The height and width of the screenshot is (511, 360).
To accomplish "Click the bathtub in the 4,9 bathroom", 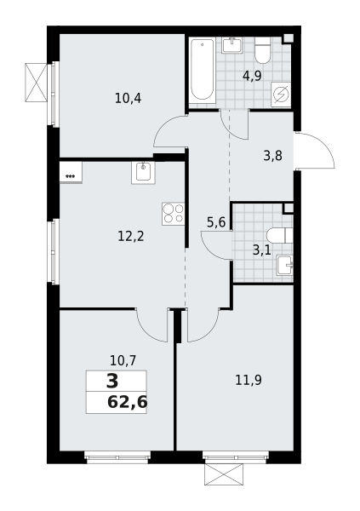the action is pyautogui.click(x=203, y=70).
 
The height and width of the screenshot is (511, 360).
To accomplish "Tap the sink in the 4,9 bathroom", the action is pyautogui.click(x=232, y=45).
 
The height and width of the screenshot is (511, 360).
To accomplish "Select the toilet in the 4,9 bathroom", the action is pyautogui.click(x=263, y=50).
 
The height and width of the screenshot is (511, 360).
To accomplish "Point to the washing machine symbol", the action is pyautogui.click(x=281, y=95).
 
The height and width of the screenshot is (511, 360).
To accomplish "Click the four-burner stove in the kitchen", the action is pyautogui.click(x=174, y=214).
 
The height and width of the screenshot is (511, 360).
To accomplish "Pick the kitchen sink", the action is pyautogui.click(x=143, y=172).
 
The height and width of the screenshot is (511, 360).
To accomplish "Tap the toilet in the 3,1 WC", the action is pyautogui.click(x=279, y=236).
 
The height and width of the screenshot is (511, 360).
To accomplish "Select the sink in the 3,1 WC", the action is pyautogui.click(x=285, y=266).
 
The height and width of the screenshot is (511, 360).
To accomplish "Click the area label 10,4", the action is pyautogui.click(x=128, y=98).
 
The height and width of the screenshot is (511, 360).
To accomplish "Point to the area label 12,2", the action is pyautogui.click(x=131, y=236).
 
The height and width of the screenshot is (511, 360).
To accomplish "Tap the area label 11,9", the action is pyautogui.click(x=249, y=380).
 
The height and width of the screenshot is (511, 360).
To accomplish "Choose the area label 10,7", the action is pyautogui.click(x=123, y=361).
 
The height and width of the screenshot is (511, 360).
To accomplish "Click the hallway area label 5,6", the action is pyautogui.click(x=216, y=222).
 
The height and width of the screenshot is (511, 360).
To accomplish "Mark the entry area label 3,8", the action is pyautogui.click(x=272, y=156).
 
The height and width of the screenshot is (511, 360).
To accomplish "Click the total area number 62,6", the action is pyautogui.click(x=127, y=403).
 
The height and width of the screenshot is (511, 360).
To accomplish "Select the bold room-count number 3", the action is pyautogui.click(x=112, y=382).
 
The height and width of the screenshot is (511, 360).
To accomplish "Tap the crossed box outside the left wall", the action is pyautogui.click(x=36, y=83).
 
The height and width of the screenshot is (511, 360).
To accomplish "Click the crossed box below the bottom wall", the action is pyautogui.click(x=224, y=474).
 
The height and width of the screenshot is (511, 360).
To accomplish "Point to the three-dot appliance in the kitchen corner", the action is pyautogui.click(x=71, y=172).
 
